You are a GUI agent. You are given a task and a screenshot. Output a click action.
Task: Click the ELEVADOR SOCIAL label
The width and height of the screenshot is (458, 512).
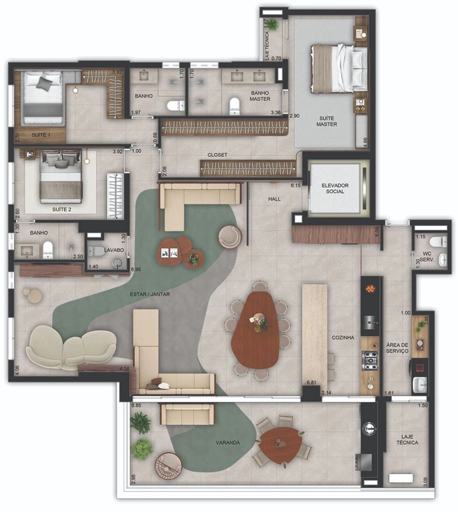click(335, 188)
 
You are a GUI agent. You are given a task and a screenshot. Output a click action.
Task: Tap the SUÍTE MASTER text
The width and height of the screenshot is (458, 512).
click(326, 121)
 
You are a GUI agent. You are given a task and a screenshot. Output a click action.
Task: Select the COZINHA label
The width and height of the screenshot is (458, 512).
click(343, 337)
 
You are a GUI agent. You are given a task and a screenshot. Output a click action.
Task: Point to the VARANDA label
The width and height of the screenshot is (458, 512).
click(227, 443)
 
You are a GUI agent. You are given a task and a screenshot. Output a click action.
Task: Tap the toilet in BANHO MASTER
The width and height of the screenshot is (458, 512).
click(235, 106)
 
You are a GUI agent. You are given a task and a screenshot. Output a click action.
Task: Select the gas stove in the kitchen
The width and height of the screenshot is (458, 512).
click(370, 360)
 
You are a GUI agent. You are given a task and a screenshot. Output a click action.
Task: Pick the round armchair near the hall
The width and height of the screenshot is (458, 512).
click(230, 237)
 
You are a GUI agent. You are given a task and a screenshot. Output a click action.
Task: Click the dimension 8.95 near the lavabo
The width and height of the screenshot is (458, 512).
click(136, 269)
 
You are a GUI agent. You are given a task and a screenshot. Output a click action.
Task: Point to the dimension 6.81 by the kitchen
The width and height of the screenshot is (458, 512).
click(311, 382)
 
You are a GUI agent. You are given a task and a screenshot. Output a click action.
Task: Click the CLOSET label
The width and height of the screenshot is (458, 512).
click(217, 155)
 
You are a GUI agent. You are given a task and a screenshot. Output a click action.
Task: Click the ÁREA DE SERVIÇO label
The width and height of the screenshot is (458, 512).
click(397, 348)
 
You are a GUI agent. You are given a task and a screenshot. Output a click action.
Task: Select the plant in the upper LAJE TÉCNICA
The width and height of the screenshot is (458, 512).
click(273, 25)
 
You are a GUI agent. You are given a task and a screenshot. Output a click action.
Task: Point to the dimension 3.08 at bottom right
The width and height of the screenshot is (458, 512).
click(425, 482)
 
